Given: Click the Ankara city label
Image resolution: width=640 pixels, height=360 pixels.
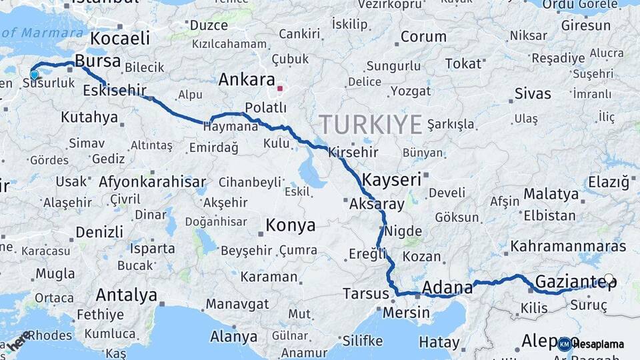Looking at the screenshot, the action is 247,80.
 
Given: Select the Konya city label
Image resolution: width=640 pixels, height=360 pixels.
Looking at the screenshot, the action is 291,225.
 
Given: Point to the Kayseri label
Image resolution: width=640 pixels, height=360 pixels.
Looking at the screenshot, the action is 392,179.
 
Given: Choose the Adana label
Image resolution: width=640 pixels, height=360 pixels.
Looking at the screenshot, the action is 447,288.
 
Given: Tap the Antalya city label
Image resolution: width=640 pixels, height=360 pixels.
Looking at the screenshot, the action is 127,295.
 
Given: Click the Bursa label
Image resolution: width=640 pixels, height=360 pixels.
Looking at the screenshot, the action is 98,61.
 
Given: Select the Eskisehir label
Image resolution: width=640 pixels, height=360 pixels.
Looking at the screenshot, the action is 115,90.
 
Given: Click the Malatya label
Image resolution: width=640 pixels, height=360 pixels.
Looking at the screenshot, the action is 551,194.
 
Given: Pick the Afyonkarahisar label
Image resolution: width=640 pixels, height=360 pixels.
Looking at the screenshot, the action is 152,181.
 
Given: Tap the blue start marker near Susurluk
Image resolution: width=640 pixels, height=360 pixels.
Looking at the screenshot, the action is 35,75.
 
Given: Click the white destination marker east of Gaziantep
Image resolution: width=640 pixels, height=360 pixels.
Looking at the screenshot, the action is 609,279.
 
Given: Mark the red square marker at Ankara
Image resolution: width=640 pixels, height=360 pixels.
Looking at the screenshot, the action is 281,87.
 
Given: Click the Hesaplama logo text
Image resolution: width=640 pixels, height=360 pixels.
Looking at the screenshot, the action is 598,344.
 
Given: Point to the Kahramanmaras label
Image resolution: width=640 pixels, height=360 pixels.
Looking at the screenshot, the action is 568,247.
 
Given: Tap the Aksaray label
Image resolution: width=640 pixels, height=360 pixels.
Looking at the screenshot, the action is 377,204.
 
